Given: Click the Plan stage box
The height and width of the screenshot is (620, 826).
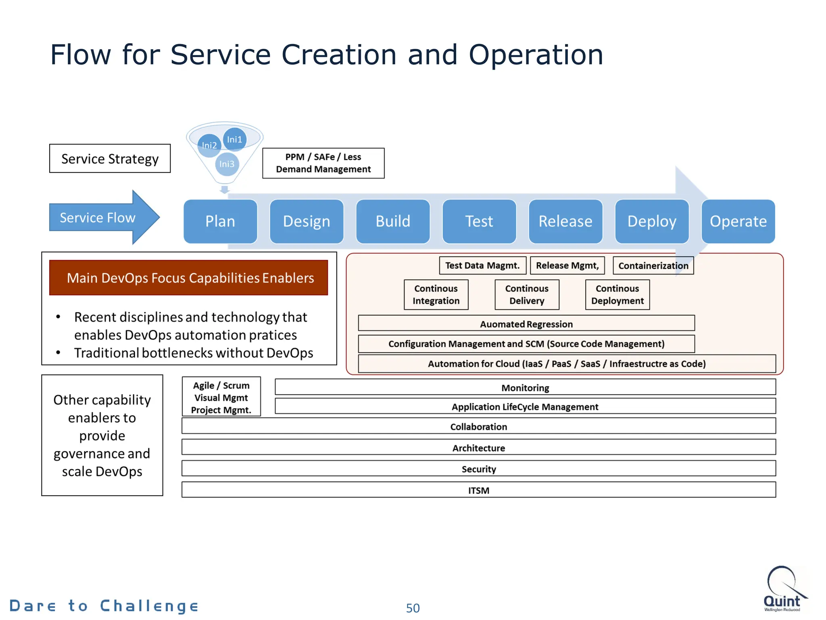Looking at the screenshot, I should [x=220, y=221].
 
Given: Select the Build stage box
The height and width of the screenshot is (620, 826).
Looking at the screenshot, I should [x=393, y=221].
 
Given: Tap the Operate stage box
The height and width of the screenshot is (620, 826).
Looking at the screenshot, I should [x=738, y=221].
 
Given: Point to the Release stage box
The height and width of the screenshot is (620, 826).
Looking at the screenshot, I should [x=565, y=221].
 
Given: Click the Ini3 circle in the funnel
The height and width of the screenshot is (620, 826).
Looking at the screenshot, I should [x=227, y=164].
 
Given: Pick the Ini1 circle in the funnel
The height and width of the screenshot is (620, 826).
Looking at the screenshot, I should [x=235, y=139].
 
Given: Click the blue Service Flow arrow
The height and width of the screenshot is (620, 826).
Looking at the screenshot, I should [x=101, y=218].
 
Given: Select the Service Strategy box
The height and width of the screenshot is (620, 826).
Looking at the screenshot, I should [x=110, y=159].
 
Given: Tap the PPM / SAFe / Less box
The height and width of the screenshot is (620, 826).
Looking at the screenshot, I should [x=323, y=163].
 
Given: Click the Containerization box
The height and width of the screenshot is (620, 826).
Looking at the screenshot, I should [x=653, y=266].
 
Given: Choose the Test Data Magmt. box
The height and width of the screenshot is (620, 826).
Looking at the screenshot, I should [x=482, y=266].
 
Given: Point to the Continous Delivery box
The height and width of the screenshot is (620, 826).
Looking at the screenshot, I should [x=527, y=295].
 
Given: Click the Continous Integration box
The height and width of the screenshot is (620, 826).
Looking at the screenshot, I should [x=436, y=295].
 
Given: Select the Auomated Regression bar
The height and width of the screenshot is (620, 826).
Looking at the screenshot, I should [x=526, y=324].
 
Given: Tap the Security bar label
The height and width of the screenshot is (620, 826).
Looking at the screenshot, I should [x=479, y=469].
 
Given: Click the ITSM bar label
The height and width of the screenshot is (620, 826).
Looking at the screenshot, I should [x=479, y=490].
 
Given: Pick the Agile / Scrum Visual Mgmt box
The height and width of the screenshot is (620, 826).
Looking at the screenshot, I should [x=221, y=397].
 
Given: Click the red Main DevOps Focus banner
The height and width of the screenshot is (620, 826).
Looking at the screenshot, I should [x=188, y=278].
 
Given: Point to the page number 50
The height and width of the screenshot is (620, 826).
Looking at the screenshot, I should [x=413, y=608].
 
